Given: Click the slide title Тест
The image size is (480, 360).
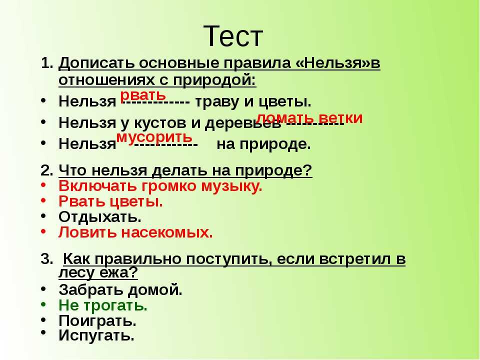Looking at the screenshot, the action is click(233, 36).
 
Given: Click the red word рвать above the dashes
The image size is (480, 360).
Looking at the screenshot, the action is click(143, 96).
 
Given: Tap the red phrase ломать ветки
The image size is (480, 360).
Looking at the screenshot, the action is click(309, 118).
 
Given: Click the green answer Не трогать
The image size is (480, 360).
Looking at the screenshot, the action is click(103, 305).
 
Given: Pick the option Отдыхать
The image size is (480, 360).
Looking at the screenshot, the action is click(100, 216).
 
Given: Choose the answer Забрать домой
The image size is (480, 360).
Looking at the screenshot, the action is click(120, 289).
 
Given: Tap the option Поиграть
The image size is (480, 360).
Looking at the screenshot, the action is click(97, 321).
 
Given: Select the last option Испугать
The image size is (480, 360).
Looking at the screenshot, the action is click(96, 335).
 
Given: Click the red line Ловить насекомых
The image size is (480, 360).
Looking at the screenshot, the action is click(135, 232).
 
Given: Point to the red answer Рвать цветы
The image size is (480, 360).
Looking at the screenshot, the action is click(111, 201).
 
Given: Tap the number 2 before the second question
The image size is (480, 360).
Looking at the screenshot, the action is click(46, 170).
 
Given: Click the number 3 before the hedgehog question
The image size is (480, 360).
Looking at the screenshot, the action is click(46, 259).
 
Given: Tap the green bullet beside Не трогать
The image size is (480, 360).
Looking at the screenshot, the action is click(43, 304).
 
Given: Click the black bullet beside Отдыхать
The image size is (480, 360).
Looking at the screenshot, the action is click(43, 215).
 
